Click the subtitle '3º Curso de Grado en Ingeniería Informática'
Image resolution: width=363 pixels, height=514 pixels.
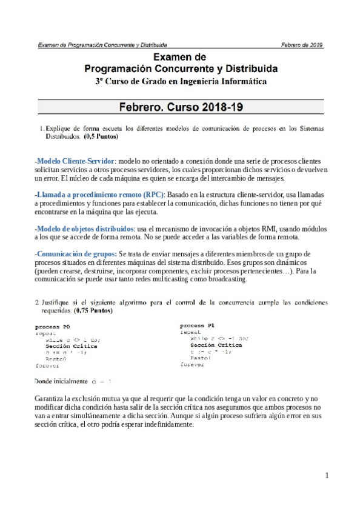181,81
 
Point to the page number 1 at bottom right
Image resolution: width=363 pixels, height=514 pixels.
326,476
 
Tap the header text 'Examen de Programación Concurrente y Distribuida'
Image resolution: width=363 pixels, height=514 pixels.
102,45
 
